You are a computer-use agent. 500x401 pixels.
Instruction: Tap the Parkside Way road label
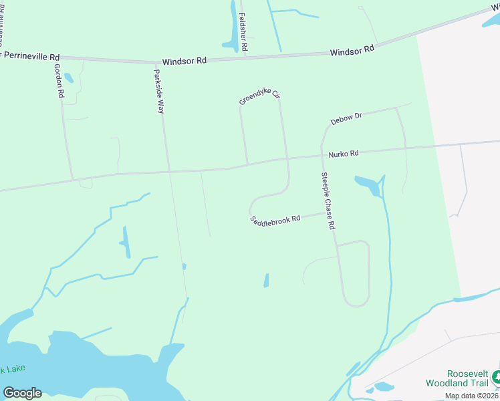[159, 91]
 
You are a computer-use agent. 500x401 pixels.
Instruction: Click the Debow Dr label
[346, 119]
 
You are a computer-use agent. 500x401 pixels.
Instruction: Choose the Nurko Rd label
[343, 154]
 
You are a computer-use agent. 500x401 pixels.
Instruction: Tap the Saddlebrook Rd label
[275, 219]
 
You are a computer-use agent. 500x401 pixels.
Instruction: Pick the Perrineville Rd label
[31, 57]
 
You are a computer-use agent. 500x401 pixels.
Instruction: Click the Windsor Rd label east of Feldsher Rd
[352, 51]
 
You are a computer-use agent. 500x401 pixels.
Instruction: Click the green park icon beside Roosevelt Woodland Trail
[495, 377]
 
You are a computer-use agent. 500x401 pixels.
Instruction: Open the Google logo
[22, 393]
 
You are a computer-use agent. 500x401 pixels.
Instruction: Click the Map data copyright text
[471, 396]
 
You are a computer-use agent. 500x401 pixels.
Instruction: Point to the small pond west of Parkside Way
[126, 242]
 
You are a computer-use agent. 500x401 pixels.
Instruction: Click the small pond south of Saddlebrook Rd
[266, 281]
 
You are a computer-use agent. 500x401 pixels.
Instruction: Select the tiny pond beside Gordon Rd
[69, 79]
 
